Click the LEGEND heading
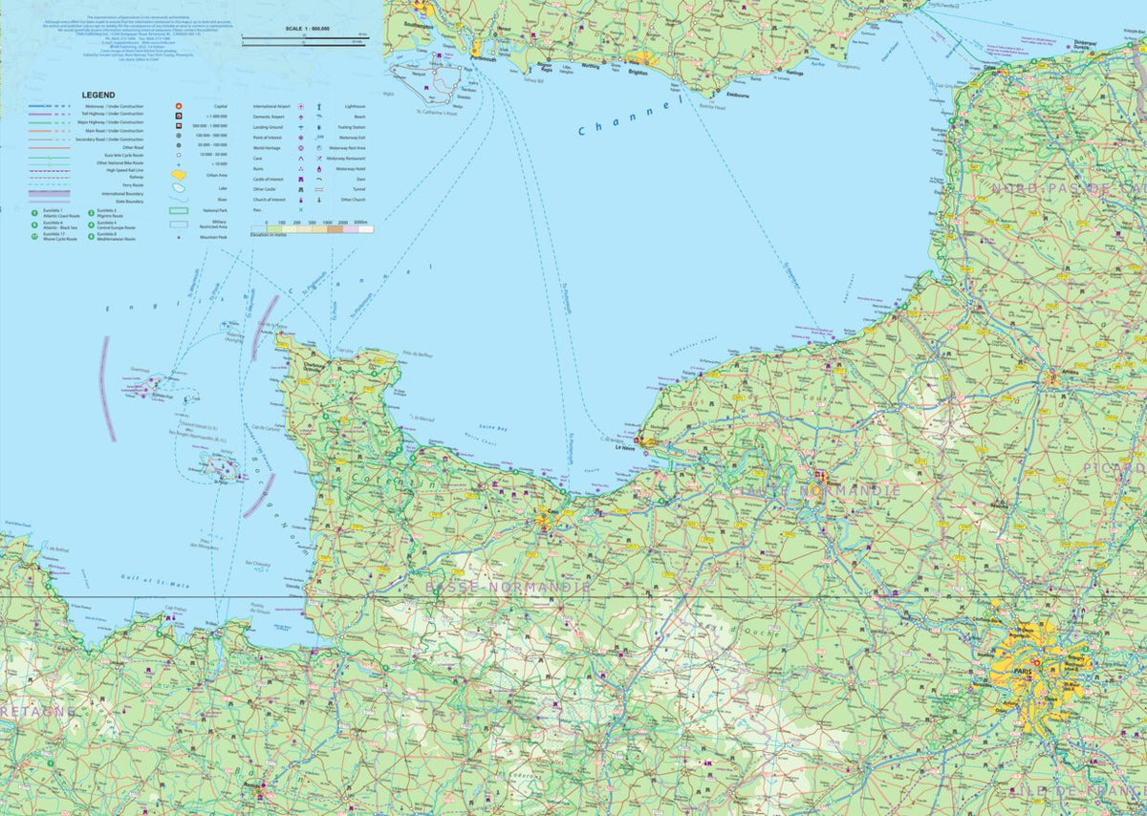(98, 96)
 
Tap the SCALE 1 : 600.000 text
(306, 30)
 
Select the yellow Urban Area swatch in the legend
(179, 176)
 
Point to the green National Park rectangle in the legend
(179, 209)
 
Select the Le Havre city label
(626, 447)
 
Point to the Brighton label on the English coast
(638, 71)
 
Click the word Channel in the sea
(626, 118)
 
